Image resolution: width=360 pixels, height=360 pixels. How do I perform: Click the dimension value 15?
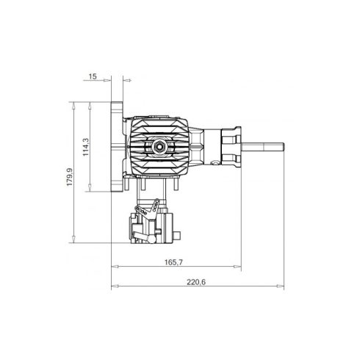pyautogui.click(x=93, y=76)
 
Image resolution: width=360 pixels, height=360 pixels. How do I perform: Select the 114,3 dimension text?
pyautogui.click(x=85, y=147)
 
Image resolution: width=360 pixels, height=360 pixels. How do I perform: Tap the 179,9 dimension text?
pyautogui.click(x=70, y=177)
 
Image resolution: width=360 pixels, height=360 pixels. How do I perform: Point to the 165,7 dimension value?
pyautogui.click(x=173, y=262)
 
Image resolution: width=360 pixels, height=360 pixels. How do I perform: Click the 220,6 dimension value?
pyautogui.click(x=196, y=282)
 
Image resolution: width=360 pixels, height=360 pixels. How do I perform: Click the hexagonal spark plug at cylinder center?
pyautogui.click(x=159, y=147)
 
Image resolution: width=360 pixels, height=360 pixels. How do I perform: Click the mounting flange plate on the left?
pyautogui.click(x=117, y=147)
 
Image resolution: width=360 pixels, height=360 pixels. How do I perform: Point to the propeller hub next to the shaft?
pyautogui.click(x=231, y=147)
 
